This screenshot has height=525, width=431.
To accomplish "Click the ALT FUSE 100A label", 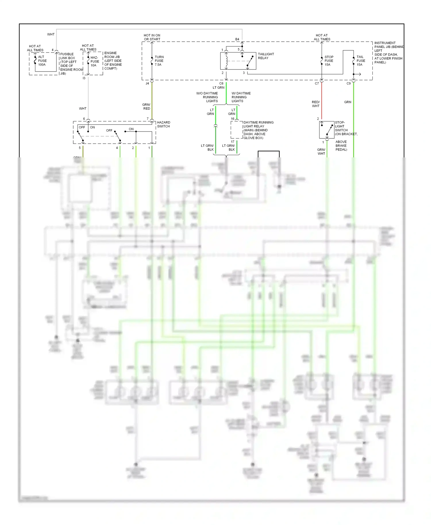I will pos(42,61).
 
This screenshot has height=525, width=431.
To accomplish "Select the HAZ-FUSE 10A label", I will pos(95,61).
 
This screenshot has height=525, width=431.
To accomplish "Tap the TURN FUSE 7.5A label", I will pos(159,61).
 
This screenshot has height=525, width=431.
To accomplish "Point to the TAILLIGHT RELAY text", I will pos(266,56).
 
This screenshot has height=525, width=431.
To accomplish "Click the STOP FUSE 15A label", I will pos(329,61).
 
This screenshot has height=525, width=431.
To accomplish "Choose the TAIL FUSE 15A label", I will pos(361,61).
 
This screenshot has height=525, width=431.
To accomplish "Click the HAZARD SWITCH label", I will pos(163,124).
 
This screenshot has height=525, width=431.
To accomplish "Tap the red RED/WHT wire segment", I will pos(322,101).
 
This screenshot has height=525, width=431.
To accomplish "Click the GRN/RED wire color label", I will pos(146,107).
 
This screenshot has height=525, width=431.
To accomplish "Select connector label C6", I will pos(221,84).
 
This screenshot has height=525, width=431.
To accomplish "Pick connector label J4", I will pos(147,84).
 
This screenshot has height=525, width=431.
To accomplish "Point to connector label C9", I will pos(349,84).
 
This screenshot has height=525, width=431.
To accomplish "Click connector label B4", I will pos(237,39).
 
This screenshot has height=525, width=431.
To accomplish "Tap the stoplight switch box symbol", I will pos(327,130).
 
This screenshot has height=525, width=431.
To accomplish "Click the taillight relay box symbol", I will pos(238,61).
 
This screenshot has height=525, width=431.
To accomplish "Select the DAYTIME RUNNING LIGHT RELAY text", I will pos(258,130).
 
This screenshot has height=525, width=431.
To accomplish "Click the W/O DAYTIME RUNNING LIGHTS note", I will pos(207,97).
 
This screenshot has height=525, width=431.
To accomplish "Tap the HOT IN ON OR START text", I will pos(152,37).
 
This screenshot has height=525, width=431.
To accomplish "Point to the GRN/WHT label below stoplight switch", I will pos(321,152).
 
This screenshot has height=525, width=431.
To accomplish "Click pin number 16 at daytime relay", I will pos(232,119).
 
